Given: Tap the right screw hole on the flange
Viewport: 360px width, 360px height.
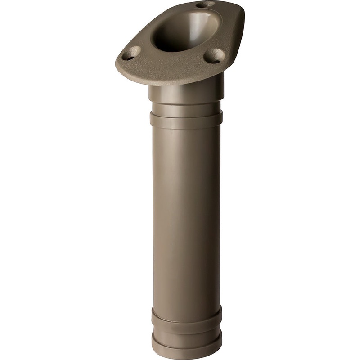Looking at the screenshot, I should click(x=214, y=56).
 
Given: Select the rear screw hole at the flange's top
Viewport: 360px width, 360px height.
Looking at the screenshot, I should click(x=206, y=4).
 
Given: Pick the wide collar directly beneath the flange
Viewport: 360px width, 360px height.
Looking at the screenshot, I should click(x=186, y=94).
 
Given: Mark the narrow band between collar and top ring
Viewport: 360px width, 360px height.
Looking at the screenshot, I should click(x=186, y=108).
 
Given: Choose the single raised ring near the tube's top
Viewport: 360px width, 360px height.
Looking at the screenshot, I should click(x=186, y=120).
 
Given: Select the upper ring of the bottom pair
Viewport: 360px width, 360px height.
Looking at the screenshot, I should click(x=186, y=315).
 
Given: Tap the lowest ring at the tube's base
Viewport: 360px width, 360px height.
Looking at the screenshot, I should click(x=186, y=344).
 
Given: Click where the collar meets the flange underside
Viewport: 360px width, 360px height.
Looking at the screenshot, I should click(x=186, y=84).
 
